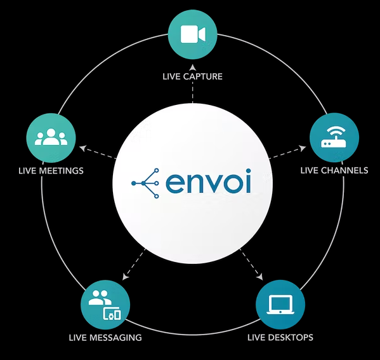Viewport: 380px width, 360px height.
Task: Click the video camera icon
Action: pyautogui.click(x=193, y=34)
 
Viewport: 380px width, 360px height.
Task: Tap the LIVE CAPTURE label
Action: pyautogui.click(x=193, y=76)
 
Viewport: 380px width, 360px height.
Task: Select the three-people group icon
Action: pyautogui.click(x=51, y=137)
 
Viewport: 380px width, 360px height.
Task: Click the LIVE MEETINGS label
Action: pyautogui.click(x=51, y=170)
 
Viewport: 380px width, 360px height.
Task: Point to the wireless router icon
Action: pyautogui.click(x=334, y=137)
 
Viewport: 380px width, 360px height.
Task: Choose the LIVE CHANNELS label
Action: pyautogui.click(x=334, y=170)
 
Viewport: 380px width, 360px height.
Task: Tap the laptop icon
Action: pyautogui.click(x=280, y=305)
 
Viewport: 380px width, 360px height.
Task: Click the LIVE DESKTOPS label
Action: pyautogui.click(x=280, y=337)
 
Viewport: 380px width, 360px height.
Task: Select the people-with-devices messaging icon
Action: pyautogui.click(x=105, y=305)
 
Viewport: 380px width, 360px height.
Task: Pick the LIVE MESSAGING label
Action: pyautogui.click(x=105, y=338)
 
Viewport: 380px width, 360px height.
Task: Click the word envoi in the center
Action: pyautogui.click(x=208, y=181)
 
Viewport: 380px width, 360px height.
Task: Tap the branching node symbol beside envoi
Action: pyautogui.click(x=145, y=183)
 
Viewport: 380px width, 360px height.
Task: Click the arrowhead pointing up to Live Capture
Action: pyautogui.click(x=193, y=68)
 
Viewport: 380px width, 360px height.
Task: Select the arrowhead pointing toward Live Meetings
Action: pyautogui.click(x=83, y=148)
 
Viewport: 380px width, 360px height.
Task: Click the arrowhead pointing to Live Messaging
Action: pyautogui.click(x=125, y=277)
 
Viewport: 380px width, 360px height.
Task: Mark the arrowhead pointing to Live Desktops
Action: pyautogui.click(x=260, y=277)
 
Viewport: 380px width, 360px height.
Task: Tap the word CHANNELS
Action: pyautogui.click(x=346, y=170)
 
